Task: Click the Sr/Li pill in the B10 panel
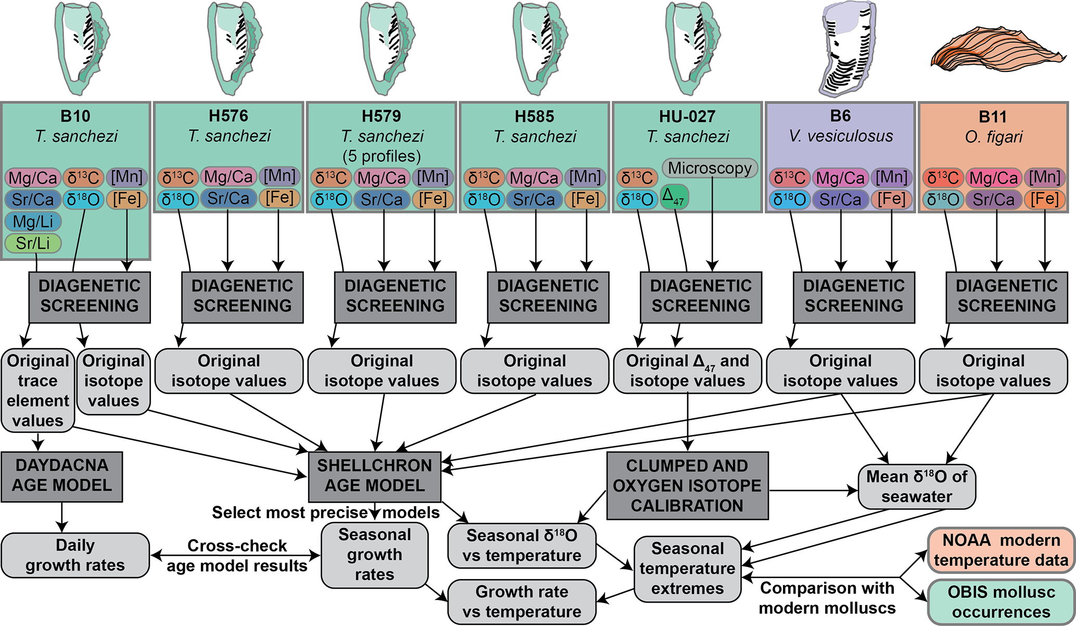(x=33, y=243)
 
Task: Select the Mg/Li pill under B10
(x=33, y=222)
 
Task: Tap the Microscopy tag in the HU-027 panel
(x=710, y=168)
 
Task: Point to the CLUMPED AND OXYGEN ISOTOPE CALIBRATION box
(x=687, y=485)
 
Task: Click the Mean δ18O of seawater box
(x=916, y=486)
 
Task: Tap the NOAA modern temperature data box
(x=1001, y=550)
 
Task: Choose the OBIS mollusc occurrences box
(x=1001, y=602)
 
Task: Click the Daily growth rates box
(x=75, y=555)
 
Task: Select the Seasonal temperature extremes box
(x=687, y=569)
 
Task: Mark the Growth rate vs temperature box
(x=522, y=602)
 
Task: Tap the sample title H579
(x=382, y=116)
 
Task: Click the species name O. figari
(x=993, y=137)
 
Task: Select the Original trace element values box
(x=38, y=391)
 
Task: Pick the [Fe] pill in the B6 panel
(x=891, y=199)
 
